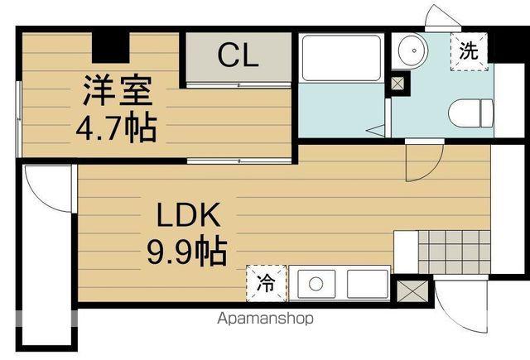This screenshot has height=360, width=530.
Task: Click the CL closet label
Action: [238, 55]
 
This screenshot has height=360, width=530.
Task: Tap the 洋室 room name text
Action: [118, 90]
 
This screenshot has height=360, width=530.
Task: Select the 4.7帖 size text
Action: [116, 128]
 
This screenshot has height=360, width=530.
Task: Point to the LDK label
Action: [189, 214]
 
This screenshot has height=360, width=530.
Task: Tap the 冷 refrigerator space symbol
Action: [267, 283]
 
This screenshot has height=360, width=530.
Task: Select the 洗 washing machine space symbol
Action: [470, 51]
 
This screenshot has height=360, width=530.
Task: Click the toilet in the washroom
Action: [471, 113]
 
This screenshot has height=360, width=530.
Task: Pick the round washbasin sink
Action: [413, 50]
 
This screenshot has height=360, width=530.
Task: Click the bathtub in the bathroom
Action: [341, 58]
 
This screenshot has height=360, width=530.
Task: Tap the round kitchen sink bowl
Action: [316, 284]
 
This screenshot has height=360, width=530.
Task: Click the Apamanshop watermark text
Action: [265, 319]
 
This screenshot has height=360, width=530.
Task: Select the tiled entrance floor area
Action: [454, 252]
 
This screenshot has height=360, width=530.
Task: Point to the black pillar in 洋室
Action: [111, 47]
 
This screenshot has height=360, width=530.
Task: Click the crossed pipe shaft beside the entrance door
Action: [412, 291]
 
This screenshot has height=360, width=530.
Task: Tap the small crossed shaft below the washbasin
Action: [397, 83]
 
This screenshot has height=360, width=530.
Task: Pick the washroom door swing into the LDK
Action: [432, 168]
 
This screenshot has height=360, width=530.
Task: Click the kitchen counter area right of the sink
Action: [367, 284]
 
